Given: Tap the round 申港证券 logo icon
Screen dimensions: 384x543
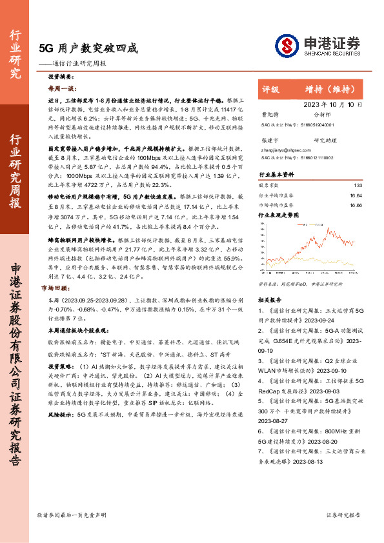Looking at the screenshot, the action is pyautogui.click(x=287, y=44).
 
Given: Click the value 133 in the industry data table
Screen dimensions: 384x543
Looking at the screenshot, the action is pyautogui.click(x=358, y=185).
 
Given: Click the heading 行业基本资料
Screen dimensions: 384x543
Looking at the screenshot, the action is pyautogui.click(x=276, y=175).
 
